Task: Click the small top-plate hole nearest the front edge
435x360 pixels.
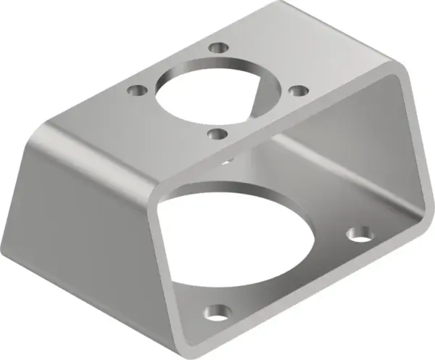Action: (x=215, y=134)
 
